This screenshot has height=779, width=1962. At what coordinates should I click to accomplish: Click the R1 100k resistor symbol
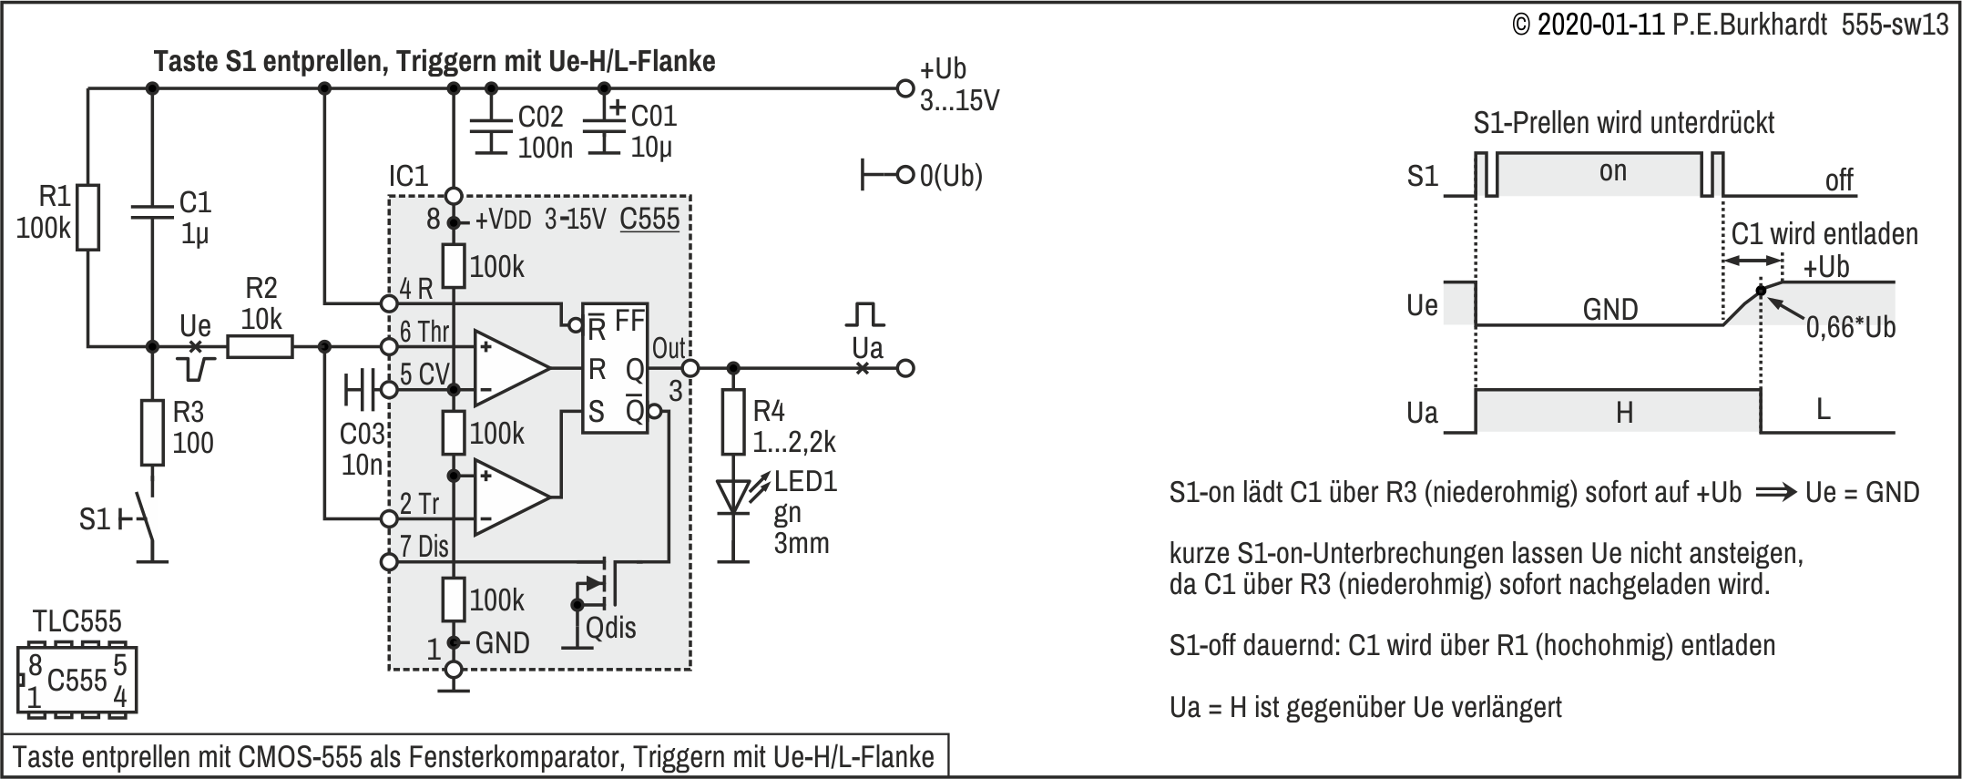point(87,217)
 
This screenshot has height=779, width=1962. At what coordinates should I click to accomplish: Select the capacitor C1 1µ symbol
point(151,211)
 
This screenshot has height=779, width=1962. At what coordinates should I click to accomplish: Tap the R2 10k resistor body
point(260,347)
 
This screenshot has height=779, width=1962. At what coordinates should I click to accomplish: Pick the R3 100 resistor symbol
point(152,433)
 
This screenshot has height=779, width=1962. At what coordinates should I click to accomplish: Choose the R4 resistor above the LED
point(733,422)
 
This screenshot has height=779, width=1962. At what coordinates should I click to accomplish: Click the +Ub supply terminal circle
point(904,88)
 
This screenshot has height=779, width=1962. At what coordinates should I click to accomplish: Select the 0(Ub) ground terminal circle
point(904,174)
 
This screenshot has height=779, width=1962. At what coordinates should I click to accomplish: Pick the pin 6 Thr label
point(424,332)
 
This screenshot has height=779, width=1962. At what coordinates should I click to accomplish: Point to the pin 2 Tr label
point(420,504)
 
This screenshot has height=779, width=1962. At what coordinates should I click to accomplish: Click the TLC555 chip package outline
point(77,680)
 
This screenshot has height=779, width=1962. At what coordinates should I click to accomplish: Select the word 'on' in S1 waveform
point(1612,172)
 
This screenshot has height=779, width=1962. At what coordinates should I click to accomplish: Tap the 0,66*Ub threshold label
point(1851,327)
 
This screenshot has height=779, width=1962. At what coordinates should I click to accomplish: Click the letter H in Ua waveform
point(1624,414)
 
